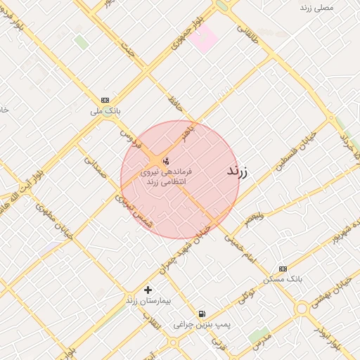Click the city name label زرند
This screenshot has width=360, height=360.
[241, 171]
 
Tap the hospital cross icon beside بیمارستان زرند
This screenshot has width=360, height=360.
[148, 290]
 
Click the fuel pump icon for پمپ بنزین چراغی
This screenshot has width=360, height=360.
[202, 314]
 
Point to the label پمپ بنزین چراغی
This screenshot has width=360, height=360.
[207, 324]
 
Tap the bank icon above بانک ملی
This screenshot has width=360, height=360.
[105, 100]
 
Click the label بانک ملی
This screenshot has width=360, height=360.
[107, 111]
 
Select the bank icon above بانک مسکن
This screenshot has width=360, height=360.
[283, 269]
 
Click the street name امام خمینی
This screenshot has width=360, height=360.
[242, 250]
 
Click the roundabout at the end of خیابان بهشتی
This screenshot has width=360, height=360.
[302, 307]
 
